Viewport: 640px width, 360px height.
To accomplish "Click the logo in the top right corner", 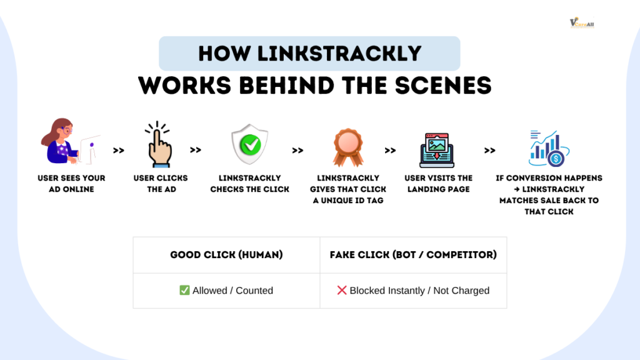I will pyautogui.click(x=581, y=23).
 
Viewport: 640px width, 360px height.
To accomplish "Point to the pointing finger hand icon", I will pyautogui.click(x=160, y=144).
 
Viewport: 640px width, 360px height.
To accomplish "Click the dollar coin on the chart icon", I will pyautogui.click(x=556, y=159).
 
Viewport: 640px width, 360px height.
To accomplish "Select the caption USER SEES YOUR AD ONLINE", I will pyautogui.click(x=71, y=183).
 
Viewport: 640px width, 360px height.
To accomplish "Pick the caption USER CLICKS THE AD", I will pyautogui.click(x=161, y=183).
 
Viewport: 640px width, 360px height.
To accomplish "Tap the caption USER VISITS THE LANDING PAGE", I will pyautogui.click(x=439, y=183).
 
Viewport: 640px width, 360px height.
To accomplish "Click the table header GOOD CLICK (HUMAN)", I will pyautogui.click(x=226, y=255).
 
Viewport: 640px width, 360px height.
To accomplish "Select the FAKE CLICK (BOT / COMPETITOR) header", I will pyautogui.click(x=413, y=255).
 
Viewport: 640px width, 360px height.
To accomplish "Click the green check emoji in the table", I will pyautogui.click(x=184, y=290).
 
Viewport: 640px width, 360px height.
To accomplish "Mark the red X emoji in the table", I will pyautogui.click(x=341, y=290).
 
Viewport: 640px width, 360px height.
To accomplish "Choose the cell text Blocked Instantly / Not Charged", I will pyautogui.click(x=419, y=290).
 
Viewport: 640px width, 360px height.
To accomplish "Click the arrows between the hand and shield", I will pyautogui.click(x=196, y=150).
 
